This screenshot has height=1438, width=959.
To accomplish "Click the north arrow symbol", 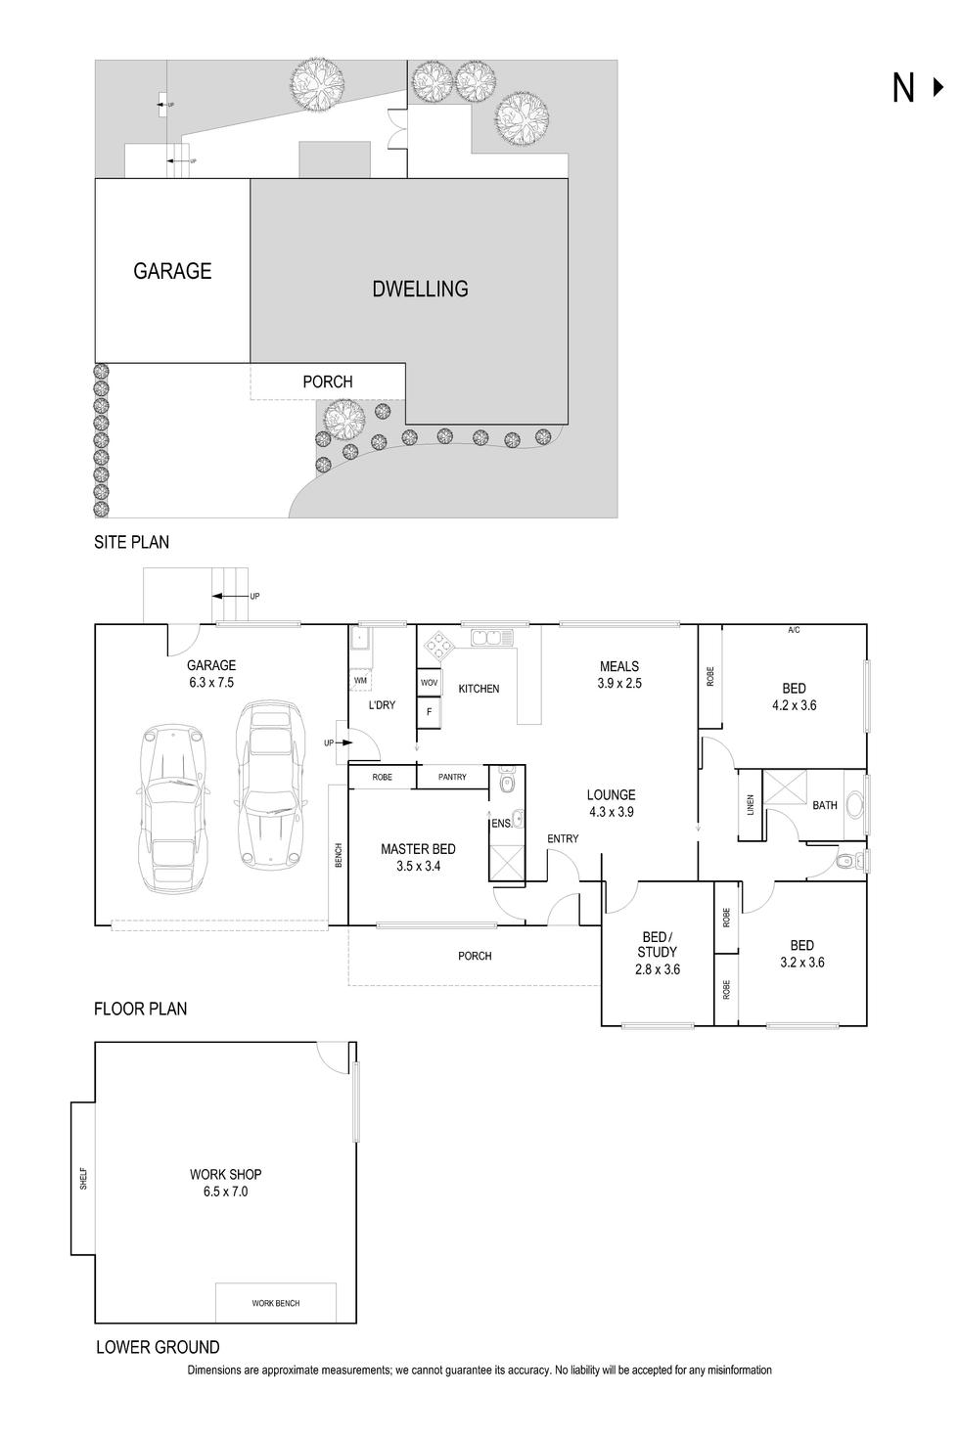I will (x=914, y=88).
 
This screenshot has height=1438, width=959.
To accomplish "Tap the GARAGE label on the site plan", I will (x=172, y=271).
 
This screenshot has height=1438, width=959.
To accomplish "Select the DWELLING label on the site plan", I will (x=420, y=289).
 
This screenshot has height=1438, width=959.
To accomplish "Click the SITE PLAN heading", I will (x=131, y=542).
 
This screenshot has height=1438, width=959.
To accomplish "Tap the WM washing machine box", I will (x=360, y=680).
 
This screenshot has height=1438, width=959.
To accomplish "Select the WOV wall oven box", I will (x=429, y=682).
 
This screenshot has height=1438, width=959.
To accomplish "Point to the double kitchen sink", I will (x=492, y=639).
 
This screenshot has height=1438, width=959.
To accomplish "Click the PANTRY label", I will (x=452, y=777).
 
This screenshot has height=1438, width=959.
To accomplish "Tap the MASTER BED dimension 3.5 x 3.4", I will (x=418, y=866).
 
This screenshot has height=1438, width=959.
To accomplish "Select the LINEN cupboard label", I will (x=751, y=804).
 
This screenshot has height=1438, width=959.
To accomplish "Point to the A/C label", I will (x=794, y=630).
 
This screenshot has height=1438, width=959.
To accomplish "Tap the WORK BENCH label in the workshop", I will (x=275, y=1303).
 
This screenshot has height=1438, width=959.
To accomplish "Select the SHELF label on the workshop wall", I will (x=83, y=1178).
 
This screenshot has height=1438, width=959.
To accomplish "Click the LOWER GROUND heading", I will (x=158, y=1347).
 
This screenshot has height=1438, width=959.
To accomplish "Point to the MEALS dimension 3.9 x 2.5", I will (x=619, y=683).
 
